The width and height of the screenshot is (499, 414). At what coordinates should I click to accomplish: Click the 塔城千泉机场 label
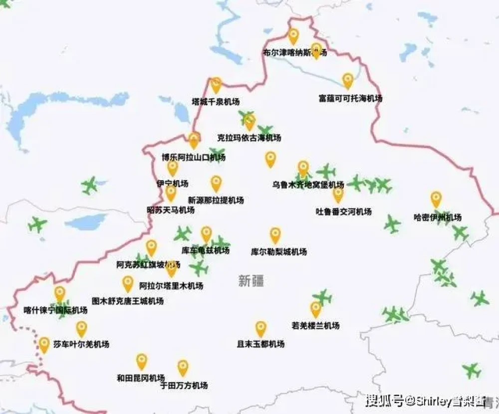click(216, 102)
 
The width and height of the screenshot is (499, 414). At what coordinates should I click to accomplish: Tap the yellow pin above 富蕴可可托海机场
click(348, 80)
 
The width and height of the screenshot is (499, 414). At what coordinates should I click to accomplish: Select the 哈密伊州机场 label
click(438, 217)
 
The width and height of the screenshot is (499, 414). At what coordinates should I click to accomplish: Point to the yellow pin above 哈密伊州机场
click(436, 199)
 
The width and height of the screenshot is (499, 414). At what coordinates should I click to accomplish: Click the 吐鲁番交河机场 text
click(343, 211)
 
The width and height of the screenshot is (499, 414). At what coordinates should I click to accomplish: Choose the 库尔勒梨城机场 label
click(278, 252)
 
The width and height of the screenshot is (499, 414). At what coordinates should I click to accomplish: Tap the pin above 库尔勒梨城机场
click(275, 234)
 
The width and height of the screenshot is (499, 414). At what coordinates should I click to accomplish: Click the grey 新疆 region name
click(251, 281)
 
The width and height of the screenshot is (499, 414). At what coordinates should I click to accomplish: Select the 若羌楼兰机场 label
click(315, 326)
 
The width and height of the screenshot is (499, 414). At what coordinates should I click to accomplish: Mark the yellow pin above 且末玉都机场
click(260, 328)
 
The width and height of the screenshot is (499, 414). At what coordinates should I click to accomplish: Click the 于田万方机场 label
click(184, 386)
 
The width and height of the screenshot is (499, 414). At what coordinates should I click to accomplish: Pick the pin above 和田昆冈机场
click(142, 361)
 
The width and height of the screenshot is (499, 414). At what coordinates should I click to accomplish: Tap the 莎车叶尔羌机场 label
click(81, 345)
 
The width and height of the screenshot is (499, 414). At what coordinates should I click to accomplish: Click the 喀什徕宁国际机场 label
click(55, 310)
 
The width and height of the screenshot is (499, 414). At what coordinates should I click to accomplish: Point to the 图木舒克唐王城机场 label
click(128, 301)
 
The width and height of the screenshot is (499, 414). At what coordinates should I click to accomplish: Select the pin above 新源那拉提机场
click(216, 183)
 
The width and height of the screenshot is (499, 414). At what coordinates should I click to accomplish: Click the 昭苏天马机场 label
click(170, 210)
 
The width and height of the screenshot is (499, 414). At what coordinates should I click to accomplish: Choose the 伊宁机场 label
click(172, 184)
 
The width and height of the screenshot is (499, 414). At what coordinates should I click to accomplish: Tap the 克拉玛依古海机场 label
click(249, 138)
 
